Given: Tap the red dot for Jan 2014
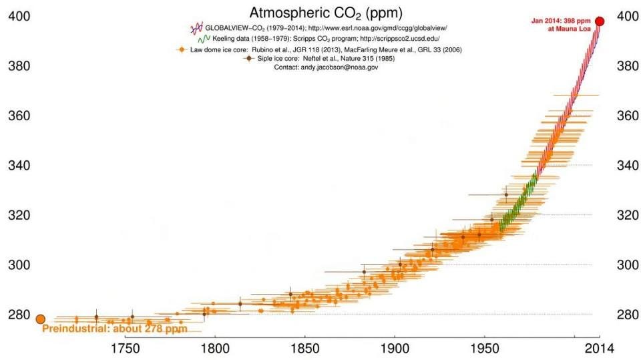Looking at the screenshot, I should point(600,21).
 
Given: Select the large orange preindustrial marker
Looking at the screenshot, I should point(40,320).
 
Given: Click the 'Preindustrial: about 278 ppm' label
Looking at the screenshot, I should point(114,329).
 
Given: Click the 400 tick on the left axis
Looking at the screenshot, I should point(18,17).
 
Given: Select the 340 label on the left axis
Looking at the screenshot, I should point(18,165).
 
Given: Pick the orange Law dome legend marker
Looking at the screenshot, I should point(180,49).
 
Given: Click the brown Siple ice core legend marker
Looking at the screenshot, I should point(249,59).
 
